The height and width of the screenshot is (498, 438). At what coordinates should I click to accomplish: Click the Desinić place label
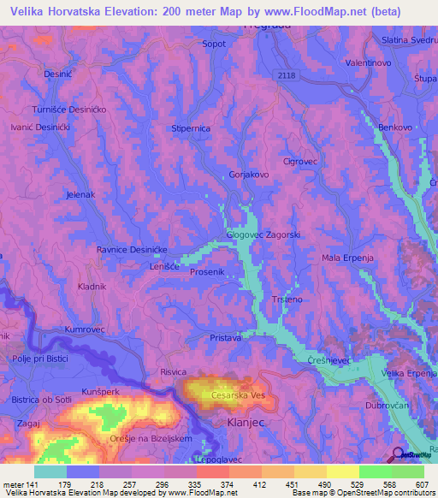pos(59,74)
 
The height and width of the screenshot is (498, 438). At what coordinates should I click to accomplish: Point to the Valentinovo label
pos(369,63)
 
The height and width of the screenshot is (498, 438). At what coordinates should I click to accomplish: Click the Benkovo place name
pos(395,127)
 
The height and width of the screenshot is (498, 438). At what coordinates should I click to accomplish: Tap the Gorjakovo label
pos(249,175)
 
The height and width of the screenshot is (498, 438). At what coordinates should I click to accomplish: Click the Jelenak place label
pos(80,195)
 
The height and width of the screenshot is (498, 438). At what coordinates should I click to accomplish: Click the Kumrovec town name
pos(84,329)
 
